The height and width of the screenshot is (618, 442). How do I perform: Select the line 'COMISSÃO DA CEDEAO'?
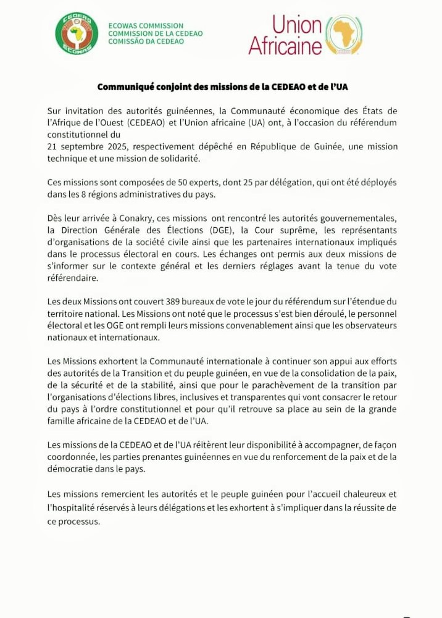coord(146,41)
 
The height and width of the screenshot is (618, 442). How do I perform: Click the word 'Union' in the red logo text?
coord(297,25)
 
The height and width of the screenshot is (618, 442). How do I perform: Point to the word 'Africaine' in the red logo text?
coord(285,46)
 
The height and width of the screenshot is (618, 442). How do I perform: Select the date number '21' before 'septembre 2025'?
coord(52,146)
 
